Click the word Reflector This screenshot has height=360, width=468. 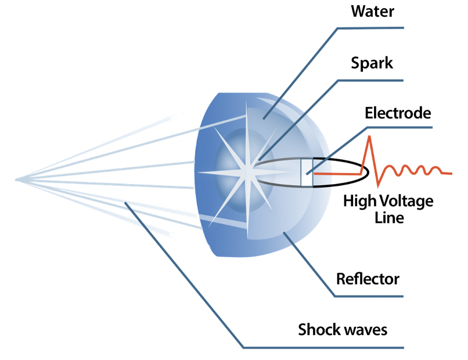coord(368,279)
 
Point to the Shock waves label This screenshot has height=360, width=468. coord(342,330)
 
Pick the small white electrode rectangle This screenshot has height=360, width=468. coord(307,172)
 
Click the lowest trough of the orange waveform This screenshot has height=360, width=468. coord(379,185)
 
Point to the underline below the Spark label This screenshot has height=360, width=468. coord(372,78)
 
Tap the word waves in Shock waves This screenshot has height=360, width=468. coord(365,330)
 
